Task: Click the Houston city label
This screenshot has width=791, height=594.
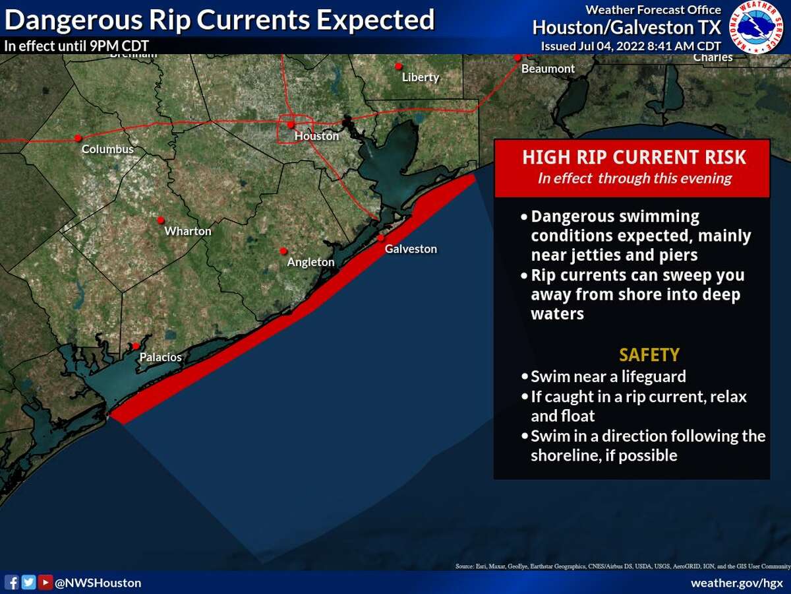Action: point(316,136)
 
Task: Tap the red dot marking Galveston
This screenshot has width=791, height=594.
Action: point(381,238)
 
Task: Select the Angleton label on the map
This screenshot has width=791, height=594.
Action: point(310,262)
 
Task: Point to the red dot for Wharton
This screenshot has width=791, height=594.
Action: point(160,220)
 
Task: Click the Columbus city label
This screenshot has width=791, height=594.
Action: point(107,149)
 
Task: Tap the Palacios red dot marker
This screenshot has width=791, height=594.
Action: point(136,346)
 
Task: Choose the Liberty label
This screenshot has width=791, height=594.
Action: point(421,77)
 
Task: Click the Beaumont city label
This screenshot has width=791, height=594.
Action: point(548,69)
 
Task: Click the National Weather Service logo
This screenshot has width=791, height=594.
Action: point(759,27)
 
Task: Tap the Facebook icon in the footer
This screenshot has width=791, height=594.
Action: point(12,582)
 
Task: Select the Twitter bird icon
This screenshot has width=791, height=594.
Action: point(28,582)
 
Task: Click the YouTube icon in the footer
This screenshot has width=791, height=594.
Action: point(45,582)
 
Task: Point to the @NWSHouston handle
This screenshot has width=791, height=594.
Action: point(98,583)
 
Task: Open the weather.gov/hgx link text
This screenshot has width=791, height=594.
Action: point(736,583)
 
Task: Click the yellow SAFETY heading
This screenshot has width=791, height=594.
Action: point(649,355)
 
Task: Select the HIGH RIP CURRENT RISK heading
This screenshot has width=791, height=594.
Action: point(634,157)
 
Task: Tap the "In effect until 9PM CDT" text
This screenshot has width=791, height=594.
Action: point(76,46)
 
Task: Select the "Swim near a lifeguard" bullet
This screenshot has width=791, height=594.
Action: point(608,376)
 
